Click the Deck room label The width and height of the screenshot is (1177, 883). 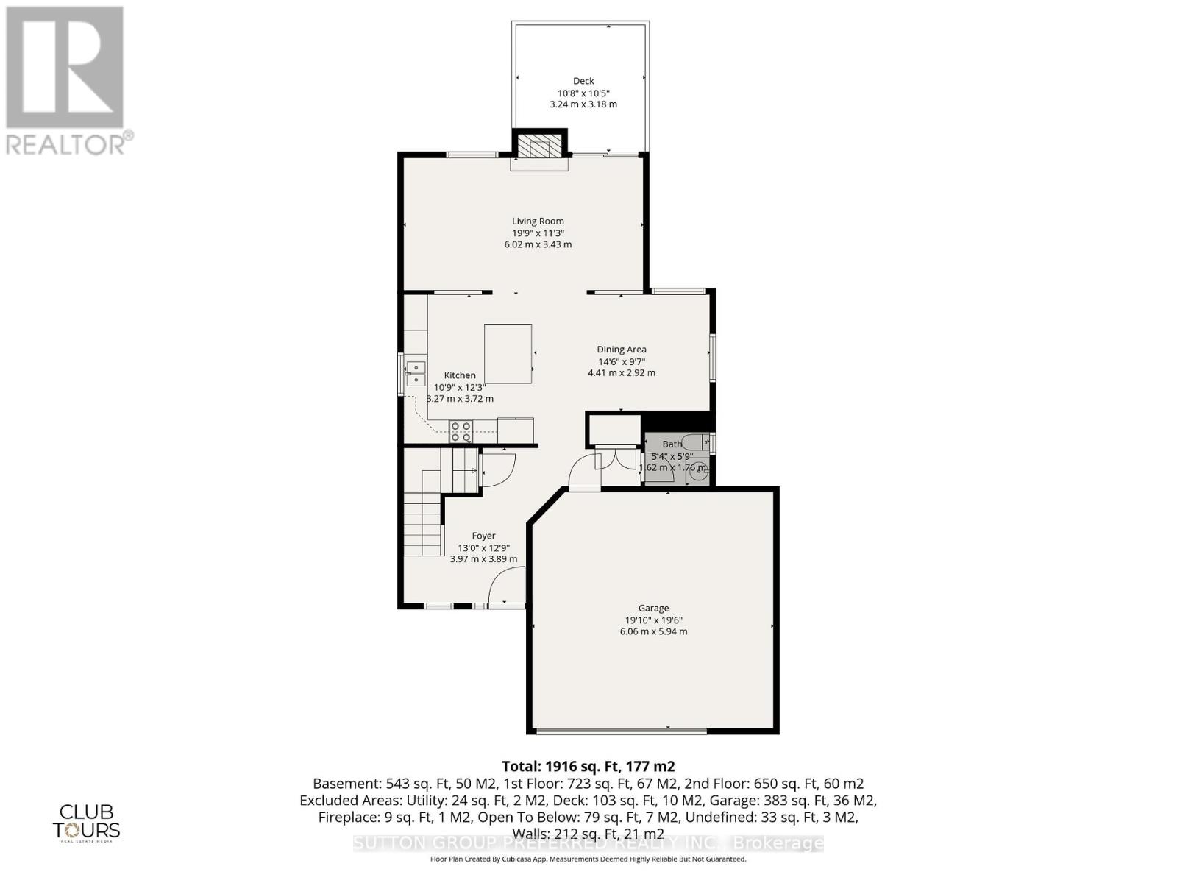583,81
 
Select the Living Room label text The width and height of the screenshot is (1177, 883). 538,221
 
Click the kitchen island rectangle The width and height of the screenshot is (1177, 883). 508,353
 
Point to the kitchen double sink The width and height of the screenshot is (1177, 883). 416,373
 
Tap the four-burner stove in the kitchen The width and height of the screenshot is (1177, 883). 461,431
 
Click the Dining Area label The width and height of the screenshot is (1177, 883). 621,350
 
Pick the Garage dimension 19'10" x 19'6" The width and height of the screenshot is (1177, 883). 653,620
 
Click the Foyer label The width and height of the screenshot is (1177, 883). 483,536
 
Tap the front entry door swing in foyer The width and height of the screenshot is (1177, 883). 507,588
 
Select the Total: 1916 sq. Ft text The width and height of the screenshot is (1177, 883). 588,766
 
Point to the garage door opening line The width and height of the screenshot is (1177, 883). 621,731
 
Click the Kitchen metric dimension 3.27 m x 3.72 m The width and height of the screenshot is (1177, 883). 460,399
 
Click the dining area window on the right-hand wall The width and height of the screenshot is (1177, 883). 712,358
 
